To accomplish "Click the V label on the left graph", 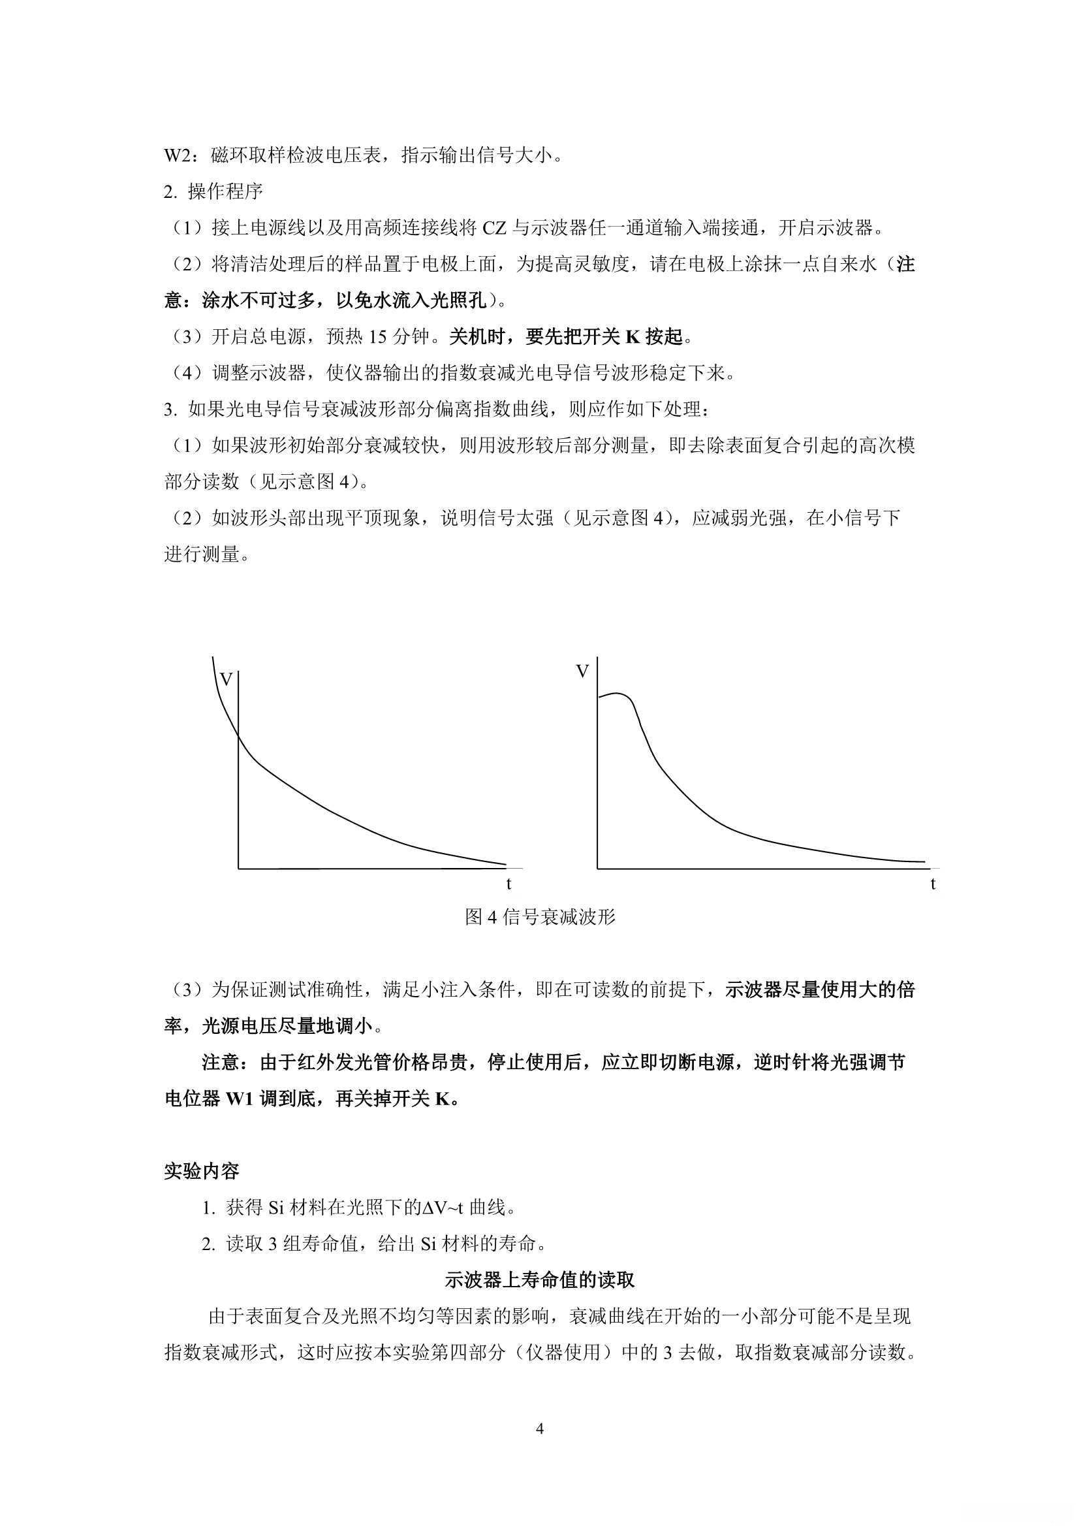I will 226,680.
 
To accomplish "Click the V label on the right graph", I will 582,671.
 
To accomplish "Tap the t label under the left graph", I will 508,884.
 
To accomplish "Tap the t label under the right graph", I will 933,884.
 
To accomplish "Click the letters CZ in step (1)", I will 494,229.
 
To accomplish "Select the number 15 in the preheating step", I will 377,337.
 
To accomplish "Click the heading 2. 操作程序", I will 213,192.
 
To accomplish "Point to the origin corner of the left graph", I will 239,869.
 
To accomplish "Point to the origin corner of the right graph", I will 598,869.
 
